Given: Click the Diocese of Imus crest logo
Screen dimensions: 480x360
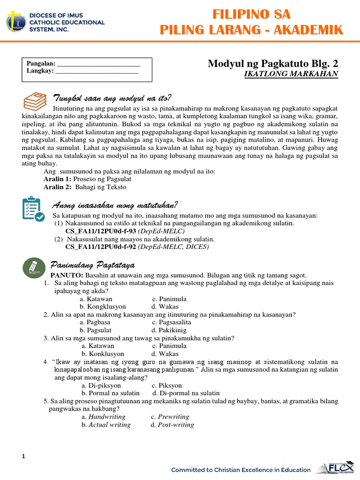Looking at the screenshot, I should (16, 22).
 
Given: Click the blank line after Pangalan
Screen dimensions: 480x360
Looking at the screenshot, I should (98, 64).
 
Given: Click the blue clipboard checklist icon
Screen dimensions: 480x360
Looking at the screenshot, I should (33, 209).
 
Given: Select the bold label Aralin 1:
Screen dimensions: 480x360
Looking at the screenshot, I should (57, 179).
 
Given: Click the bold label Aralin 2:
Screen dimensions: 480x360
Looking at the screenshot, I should (57, 187).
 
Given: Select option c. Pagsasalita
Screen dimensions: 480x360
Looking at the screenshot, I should (172, 322).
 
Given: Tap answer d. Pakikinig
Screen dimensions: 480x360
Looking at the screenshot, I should (170, 330).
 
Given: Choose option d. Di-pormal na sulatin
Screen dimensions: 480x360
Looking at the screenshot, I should (186, 393).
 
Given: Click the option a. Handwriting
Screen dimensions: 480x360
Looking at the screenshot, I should (104, 417).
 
